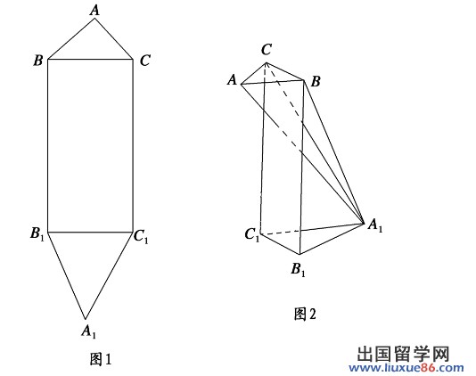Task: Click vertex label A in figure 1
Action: (95, 10)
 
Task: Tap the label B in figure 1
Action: (38, 61)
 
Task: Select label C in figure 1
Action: (145, 61)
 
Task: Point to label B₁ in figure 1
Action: (37, 233)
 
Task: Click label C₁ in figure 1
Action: (141, 236)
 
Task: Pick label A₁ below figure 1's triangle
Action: (88, 331)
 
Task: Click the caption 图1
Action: (101, 359)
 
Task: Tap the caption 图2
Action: (305, 314)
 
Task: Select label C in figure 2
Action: (267, 50)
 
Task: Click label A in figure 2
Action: (233, 80)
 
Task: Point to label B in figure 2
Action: (316, 81)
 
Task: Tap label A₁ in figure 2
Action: (375, 225)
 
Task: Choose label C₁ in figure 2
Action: (252, 235)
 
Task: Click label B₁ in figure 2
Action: (298, 269)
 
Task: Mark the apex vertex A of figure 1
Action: (94, 19)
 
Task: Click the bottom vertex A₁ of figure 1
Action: (86, 319)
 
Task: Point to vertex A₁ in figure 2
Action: (364, 224)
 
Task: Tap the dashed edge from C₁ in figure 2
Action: (281, 233)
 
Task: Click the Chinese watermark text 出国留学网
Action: (403, 354)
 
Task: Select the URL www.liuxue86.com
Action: (406, 368)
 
